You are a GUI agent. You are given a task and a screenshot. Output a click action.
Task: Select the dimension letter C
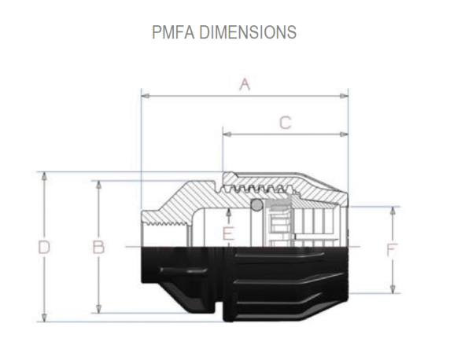286,123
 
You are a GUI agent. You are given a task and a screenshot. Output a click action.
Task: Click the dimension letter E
228,233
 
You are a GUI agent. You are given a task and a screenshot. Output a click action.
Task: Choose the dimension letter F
392,251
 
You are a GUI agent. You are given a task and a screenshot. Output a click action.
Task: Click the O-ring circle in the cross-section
256,205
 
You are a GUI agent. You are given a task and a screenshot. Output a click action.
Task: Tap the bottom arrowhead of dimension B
98,310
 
